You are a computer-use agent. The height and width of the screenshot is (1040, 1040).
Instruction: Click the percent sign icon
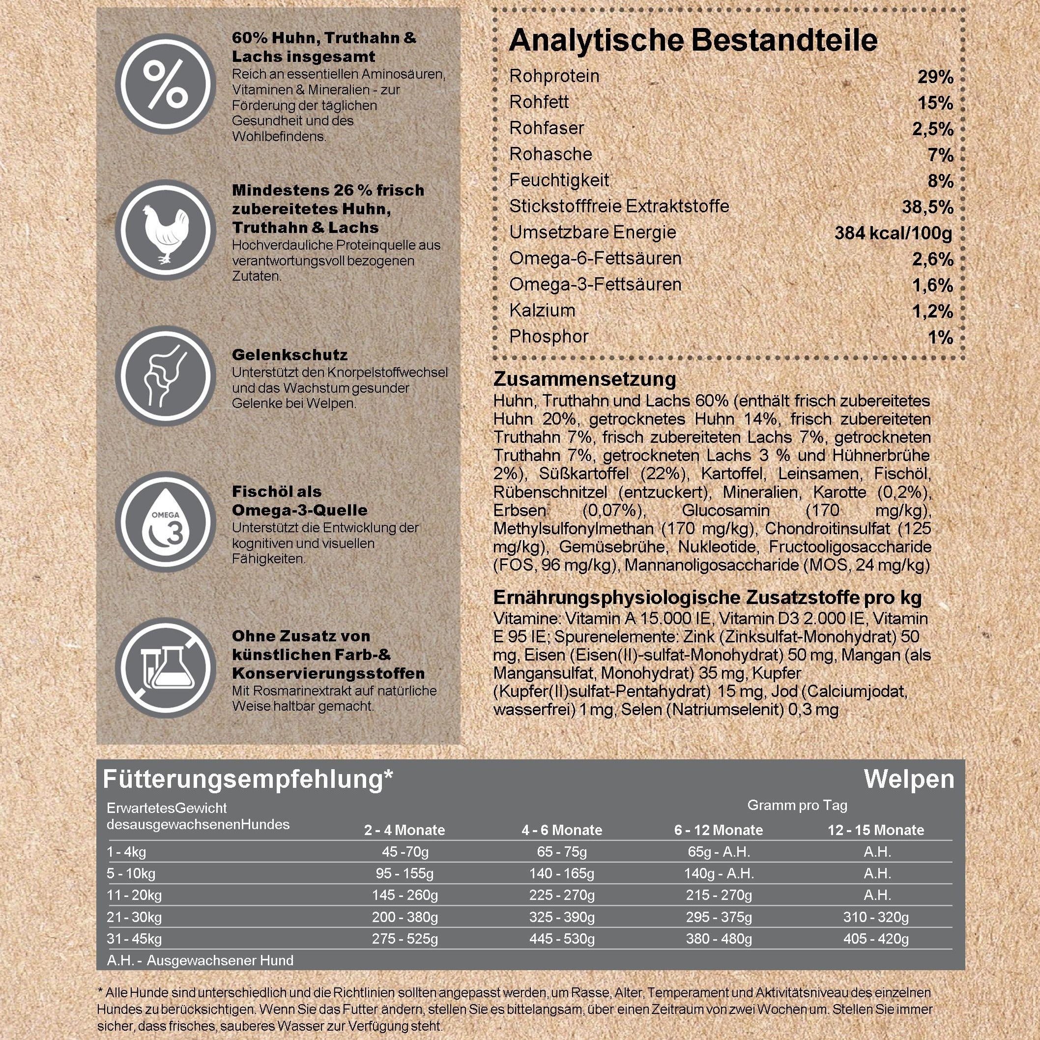165,85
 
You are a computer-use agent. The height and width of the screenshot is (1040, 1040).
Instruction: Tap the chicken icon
165,230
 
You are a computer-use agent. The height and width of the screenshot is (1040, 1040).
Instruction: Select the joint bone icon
165,376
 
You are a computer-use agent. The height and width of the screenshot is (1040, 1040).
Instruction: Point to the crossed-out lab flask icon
165,668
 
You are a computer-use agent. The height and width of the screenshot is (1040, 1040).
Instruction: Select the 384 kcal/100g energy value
893,233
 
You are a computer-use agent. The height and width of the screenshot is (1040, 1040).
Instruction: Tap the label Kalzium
542,311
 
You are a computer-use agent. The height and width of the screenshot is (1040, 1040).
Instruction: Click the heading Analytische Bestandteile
693,40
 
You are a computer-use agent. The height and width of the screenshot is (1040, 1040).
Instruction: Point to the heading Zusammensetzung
584,379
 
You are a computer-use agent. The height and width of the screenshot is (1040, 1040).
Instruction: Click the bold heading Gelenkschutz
289,355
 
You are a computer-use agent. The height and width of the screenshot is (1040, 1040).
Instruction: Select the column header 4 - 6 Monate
561,830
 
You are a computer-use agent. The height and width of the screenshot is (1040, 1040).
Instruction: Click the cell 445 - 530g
561,939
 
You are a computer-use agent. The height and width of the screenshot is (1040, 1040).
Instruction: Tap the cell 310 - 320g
876,917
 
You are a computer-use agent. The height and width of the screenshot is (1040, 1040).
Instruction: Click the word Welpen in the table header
909,779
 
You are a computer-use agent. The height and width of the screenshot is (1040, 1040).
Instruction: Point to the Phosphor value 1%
940,338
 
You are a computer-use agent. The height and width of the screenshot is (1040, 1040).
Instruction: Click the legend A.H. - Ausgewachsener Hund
200,960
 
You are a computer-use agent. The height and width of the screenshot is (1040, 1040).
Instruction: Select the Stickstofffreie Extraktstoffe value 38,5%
927,207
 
